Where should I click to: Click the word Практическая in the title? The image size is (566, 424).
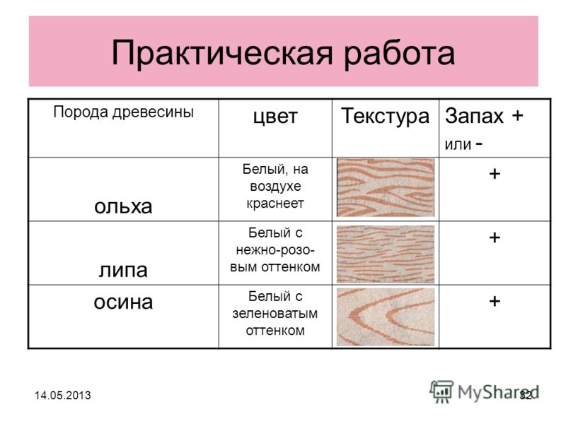(x=221, y=54)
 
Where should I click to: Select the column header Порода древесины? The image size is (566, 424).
(x=123, y=112)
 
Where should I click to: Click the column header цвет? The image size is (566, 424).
(x=275, y=117)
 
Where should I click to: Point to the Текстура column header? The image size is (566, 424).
(x=385, y=116)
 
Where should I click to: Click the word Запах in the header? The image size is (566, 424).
(x=474, y=116)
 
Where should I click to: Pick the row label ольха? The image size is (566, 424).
(x=123, y=206)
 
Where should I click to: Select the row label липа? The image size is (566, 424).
(x=123, y=270)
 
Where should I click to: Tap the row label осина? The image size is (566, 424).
(x=123, y=302)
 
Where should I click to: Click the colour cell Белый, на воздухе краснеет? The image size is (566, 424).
(x=275, y=186)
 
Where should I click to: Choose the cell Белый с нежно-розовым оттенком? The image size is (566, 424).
(x=275, y=250)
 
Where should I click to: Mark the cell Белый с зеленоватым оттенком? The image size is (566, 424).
(x=275, y=313)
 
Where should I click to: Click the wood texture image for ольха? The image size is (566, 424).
(x=386, y=187)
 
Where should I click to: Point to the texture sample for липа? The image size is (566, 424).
(x=386, y=254)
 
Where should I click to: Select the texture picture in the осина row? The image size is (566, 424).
(x=386, y=317)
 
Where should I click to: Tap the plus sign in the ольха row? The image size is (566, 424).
(x=495, y=174)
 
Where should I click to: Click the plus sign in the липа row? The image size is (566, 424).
(x=495, y=237)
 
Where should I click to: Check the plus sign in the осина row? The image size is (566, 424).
(x=495, y=301)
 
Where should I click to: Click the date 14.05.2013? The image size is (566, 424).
(x=63, y=395)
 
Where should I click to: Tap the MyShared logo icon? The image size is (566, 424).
(x=441, y=391)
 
